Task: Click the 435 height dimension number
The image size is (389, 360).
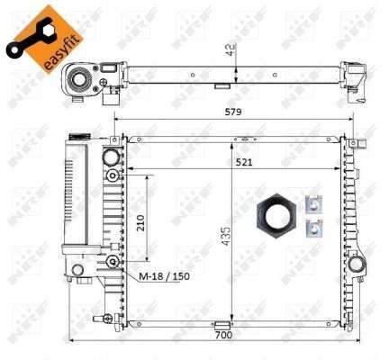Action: (x=226, y=237)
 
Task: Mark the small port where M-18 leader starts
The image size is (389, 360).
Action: (x=112, y=261)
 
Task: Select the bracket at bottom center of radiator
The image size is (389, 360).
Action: (x=220, y=325)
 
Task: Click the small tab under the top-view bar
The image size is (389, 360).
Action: (x=220, y=87)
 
